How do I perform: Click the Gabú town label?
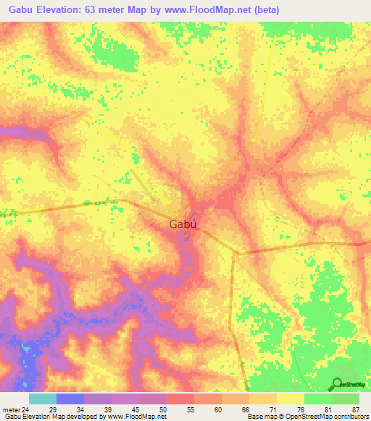(x=184, y=224)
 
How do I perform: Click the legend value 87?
(x=355, y=409)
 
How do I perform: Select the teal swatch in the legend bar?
(x=43, y=399)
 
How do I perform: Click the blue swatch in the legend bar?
(x=70, y=399)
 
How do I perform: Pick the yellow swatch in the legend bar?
(x=291, y=399)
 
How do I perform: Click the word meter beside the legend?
(x=9, y=409)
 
